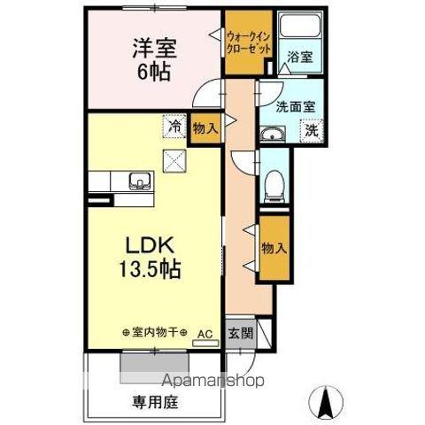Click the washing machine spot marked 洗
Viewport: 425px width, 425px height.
[312, 131]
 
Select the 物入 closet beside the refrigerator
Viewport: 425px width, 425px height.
[205, 129]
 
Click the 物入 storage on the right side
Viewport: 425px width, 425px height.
[274, 249]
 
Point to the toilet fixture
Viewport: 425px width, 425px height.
[275, 184]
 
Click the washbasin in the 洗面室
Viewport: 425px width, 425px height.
[271, 135]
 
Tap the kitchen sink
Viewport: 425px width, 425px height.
[138, 182]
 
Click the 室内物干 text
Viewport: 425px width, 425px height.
[156, 333]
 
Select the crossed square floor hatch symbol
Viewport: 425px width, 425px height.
[174, 160]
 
